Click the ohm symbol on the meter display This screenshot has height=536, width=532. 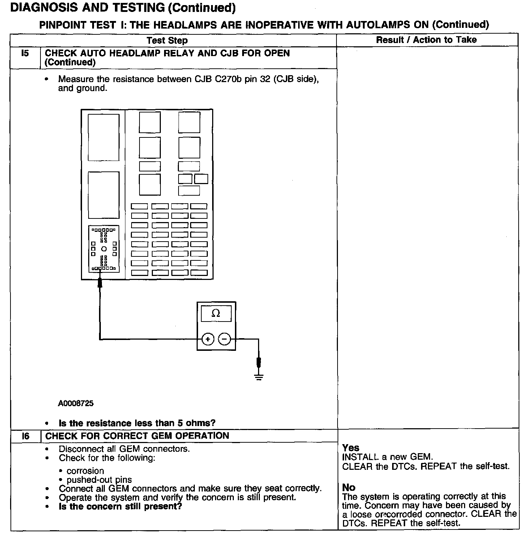(216, 314)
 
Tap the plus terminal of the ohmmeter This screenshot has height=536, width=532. (207, 339)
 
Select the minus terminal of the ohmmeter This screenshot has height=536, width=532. (224, 339)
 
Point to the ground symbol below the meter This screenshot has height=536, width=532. (259, 377)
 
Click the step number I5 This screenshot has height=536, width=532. (25, 53)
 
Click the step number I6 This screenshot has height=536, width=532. (25, 436)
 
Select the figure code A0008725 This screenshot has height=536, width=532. (76, 403)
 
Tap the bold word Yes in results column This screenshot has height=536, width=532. (351, 448)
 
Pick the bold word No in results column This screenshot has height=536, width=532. (349, 488)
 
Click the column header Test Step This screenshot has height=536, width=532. (167, 40)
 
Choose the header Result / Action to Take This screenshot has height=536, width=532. (426, 40)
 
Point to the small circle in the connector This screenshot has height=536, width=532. (104, 249)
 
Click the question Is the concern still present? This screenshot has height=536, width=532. (120, 506)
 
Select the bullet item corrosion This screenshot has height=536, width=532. (85, 471)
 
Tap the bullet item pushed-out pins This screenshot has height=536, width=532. (99, 480)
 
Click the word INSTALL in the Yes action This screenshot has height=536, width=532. (360, 457)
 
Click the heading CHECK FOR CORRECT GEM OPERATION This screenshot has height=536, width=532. (137, 436)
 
